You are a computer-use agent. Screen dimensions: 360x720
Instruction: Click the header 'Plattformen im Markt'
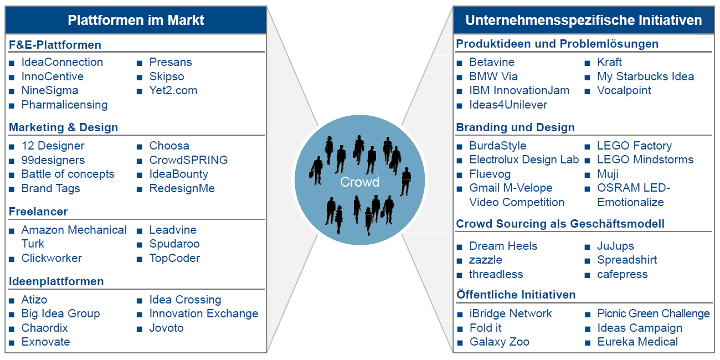pos(136,20)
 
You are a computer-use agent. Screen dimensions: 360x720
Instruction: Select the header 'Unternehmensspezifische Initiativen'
pos(583,20)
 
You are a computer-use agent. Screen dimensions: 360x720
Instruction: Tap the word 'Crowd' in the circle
pos(360,182)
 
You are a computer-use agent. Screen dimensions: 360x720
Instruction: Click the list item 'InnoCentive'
pos(53,76)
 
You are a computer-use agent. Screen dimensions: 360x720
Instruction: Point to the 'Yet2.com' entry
pos(173,90)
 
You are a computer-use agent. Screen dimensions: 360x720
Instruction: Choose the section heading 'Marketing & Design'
pos(63,127)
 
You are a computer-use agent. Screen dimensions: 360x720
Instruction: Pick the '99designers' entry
pos(53,160)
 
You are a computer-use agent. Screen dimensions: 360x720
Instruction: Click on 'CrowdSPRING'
pos(188,160)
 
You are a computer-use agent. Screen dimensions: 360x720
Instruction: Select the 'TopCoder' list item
pos(174,258)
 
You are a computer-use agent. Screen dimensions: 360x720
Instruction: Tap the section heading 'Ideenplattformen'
pos(56,281)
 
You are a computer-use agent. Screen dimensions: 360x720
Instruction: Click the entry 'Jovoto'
pos(166,328)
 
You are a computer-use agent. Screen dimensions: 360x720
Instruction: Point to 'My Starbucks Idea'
pos(645,76)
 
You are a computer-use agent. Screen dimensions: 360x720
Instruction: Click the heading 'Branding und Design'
pos(515,127)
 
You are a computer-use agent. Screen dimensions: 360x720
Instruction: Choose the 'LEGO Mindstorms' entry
pos(645,160)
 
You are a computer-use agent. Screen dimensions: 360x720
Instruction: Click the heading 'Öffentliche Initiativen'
pos(516,295)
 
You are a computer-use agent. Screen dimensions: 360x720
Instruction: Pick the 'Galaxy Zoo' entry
pos(499,342)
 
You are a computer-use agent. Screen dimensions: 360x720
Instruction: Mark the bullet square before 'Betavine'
pos(459,63)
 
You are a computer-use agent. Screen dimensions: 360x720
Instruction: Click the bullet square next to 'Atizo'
pos(12,300)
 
